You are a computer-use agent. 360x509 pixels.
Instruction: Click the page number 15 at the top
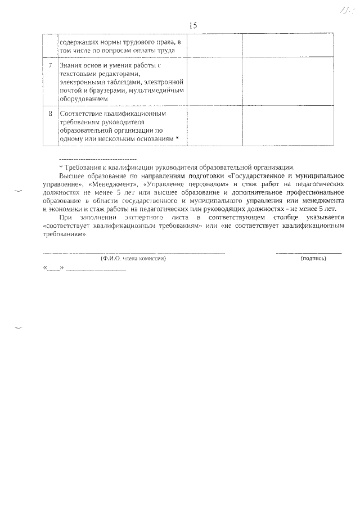coord(193,25)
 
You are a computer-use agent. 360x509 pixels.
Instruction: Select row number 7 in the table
coord(50,66)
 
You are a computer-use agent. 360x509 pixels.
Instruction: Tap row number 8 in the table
coord(50,113)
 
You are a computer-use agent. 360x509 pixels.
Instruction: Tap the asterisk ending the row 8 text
coord(177,138)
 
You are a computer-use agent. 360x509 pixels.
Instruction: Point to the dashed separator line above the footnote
coord(98,160)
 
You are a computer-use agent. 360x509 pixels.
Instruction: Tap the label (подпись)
coord(313,259)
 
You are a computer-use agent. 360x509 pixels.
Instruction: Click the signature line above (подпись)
coord(308,254)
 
